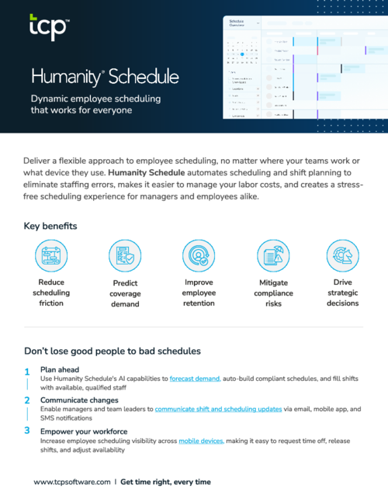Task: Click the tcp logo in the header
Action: tap(48, 28)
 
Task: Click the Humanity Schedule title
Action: tap(105, 78)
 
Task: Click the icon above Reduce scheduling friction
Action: tap(51, 256)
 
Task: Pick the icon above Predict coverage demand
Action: tap(124, 256)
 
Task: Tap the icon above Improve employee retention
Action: tap(198, 256)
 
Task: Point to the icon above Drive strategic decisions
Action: tap(342, 256)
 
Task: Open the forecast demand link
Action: tap(195, 377)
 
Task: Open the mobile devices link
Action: tap(201, 440)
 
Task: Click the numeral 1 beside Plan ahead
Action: tap(27, 372)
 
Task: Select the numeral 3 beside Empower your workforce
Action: tap(27, 431)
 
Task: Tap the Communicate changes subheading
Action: tap(80, 399)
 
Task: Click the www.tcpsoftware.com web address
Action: tap(72, 482)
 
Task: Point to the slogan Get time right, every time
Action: tap(165, 482)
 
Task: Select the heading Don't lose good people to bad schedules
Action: tap(113, 350)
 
